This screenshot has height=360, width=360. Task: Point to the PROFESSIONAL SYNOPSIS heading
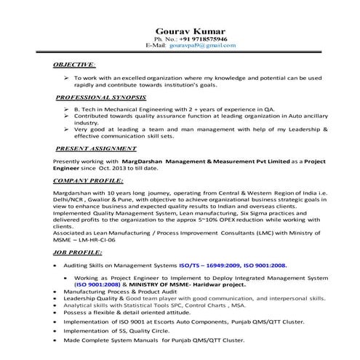[102, 97]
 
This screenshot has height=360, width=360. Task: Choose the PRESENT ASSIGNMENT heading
[97, 148]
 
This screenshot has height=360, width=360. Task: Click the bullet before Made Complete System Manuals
[56, 340]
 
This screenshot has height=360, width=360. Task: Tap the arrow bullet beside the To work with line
[65, 77]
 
